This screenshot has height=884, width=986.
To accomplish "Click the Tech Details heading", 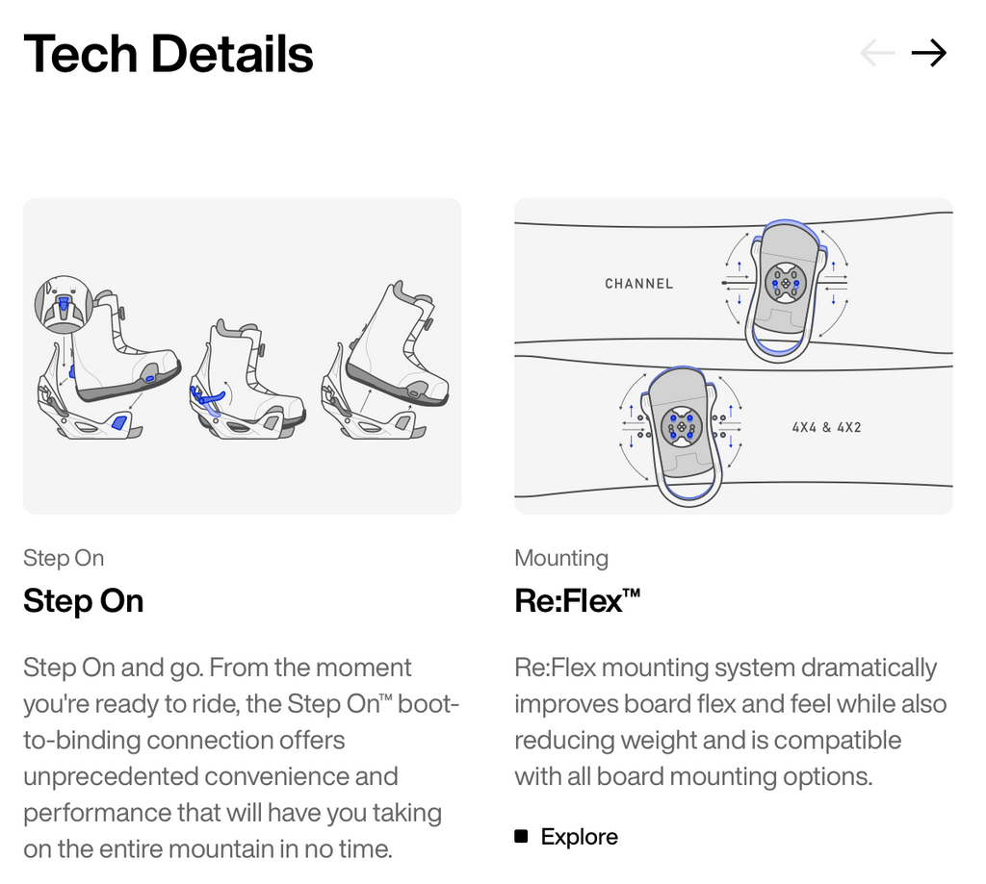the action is click(x=168, y=54).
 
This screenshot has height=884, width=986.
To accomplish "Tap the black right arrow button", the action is click(x=929, y=53).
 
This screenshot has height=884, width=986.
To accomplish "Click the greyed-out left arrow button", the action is click(x=877, y=53).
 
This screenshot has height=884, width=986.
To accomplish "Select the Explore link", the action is click(x=579, y=836).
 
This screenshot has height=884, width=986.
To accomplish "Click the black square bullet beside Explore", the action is click(x=521, y=836).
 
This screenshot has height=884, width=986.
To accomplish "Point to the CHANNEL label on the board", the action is click(x=639, y=284).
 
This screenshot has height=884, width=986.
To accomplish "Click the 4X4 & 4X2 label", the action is click(x=826, y=427).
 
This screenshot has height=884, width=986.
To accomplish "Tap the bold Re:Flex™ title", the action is click(x=578, y=600).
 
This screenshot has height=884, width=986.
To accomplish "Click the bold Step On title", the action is click(x=84, y=601).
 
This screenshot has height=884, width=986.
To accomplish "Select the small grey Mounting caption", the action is click(x=561, y=558).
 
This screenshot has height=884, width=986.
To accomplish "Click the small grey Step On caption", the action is click(x=64, y=558).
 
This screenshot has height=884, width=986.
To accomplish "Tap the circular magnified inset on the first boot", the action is click(x=64, y=304).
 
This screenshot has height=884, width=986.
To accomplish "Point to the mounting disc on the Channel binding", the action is click(x=786, y=283).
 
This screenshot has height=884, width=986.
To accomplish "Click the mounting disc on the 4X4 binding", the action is click(x=681, y=425).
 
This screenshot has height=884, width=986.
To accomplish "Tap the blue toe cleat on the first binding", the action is click(x=118, y=422).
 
